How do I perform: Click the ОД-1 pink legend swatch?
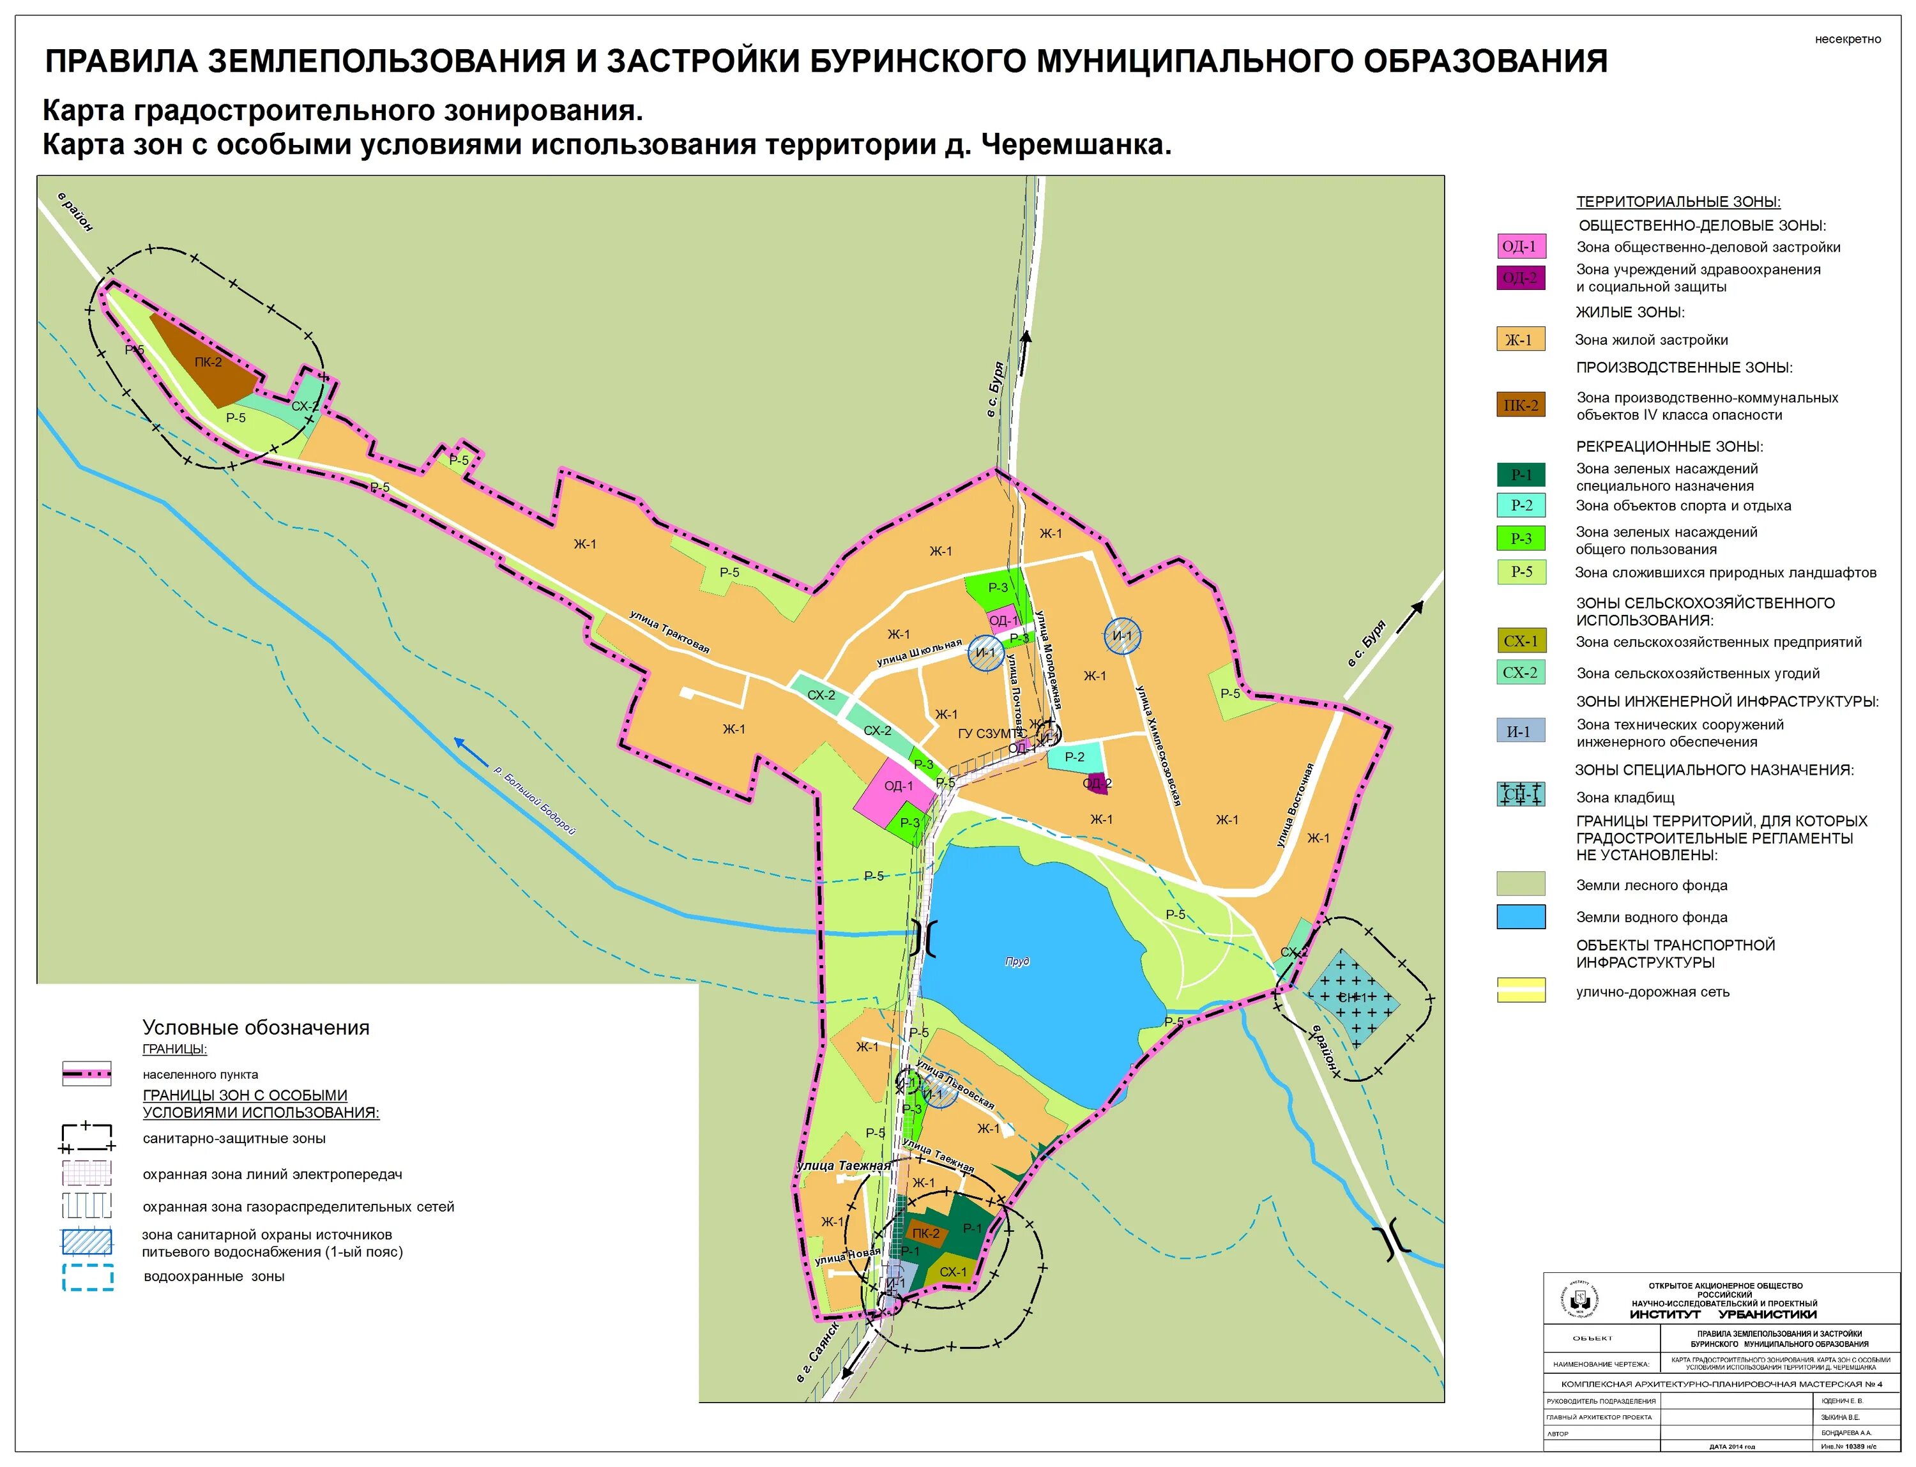(1521, 247)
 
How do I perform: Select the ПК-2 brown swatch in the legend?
(1521, 405)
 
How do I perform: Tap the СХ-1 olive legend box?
(1521, 641)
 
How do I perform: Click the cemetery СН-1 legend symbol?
(1521, 794)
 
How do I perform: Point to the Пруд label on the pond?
(1017, 961)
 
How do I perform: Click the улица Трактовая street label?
(670, 632)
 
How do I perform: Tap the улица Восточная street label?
(1295, 805)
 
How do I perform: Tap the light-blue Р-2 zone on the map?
(1075, 757)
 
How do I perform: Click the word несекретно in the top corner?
(1847, 40)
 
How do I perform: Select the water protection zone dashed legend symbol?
(87, 1277)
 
